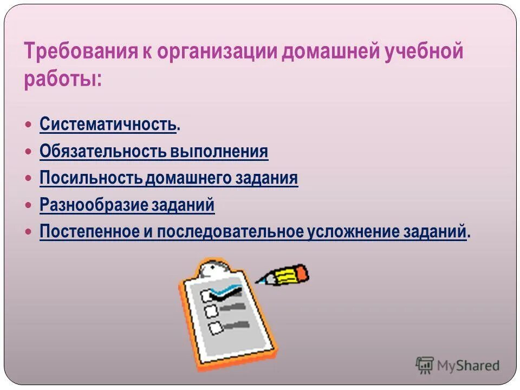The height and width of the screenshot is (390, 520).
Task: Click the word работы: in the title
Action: pyautogui.click(x=62, y=79)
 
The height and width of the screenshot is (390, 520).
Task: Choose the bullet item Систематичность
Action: pyautogui.click(x=108, y=125)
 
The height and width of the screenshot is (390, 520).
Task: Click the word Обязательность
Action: pyautogui.click(x=103, y=152)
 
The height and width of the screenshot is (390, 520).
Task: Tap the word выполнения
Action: pyautogui.click(x=219, y=152)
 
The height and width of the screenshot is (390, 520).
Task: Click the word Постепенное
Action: pyautogui.click(x=90, y=232)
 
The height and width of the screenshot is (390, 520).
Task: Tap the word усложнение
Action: pyautogui.click(x=353, y=232)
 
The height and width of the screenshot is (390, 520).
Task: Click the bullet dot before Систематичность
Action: pyautogui.click(x=29, y=125)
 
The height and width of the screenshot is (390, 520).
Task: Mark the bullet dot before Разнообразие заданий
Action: pyautogui.click(x=29, y=205)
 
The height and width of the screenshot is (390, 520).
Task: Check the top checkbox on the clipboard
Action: pyautogui.click(x=206, y=295)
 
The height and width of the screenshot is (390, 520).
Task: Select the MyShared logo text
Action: pyautogui.click(x=468, y=366)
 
